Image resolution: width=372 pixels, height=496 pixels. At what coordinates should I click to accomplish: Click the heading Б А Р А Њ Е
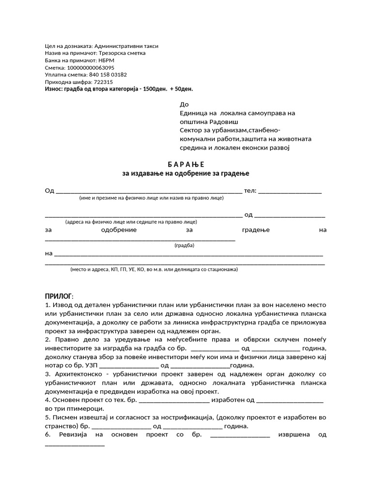186,164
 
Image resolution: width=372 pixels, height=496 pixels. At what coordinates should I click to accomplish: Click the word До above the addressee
184,104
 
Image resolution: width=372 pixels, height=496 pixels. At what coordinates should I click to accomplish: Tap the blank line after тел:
290,192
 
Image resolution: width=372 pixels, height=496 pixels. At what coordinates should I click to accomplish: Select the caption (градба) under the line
184,245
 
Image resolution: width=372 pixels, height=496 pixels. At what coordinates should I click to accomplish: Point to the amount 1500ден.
152,89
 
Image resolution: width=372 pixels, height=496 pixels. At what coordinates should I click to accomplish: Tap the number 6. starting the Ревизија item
47,434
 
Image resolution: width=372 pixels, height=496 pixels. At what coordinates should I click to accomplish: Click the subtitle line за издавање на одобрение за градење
186,173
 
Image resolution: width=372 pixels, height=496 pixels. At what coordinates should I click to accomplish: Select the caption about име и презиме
151,198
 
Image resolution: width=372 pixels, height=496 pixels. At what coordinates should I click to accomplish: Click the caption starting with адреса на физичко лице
131,221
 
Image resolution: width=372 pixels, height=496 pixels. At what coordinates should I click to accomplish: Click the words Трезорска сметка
122,53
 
